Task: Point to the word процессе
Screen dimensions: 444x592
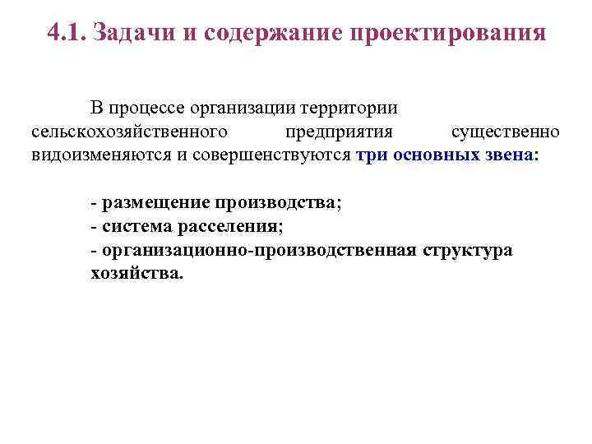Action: coord(149,109)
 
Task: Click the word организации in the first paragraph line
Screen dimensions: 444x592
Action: coord(244,109)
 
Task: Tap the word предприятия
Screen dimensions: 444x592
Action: coord(339,132)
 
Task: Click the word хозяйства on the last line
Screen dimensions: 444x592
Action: coord(136,273)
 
